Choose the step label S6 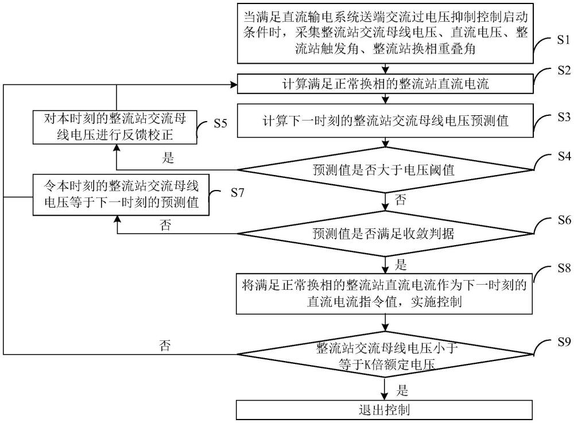click(x=563, y=220)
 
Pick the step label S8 click(x=563, y=269)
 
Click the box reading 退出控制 click(x=385, y=411)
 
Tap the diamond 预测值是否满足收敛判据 click(x=385, y=234)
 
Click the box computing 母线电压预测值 click(x=385, y=121)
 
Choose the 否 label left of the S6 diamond click(x=166, y=225)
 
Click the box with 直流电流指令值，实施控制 click(x=385, y=293)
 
